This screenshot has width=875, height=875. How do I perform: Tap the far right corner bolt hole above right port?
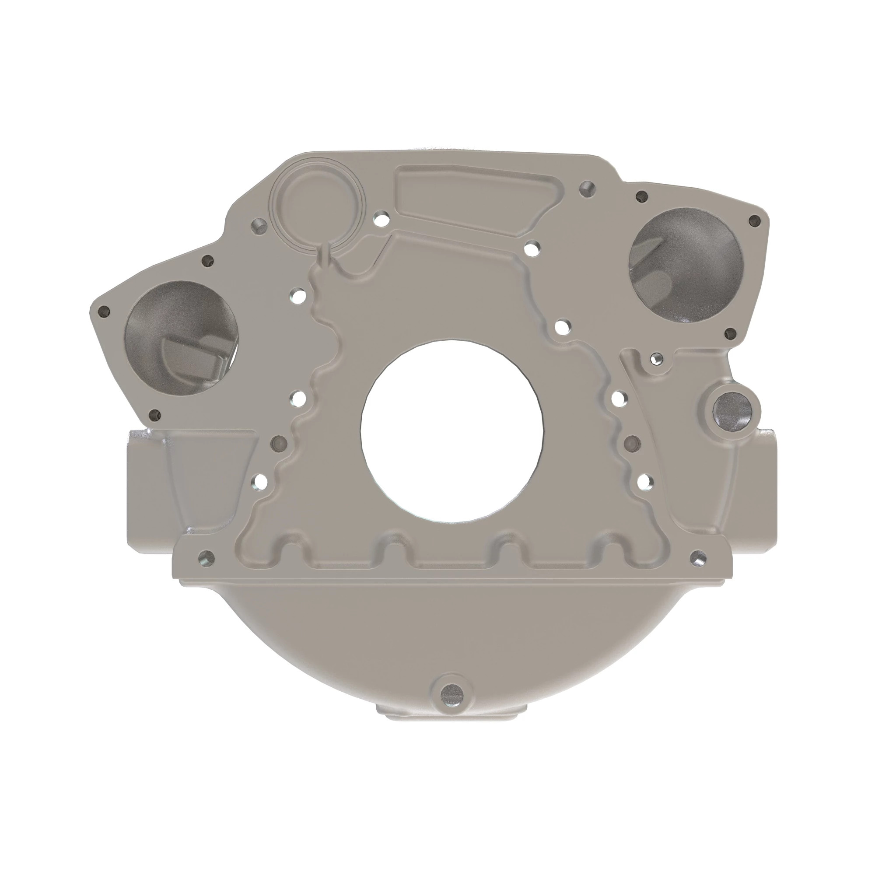754,220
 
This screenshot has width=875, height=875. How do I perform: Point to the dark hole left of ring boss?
259,224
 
